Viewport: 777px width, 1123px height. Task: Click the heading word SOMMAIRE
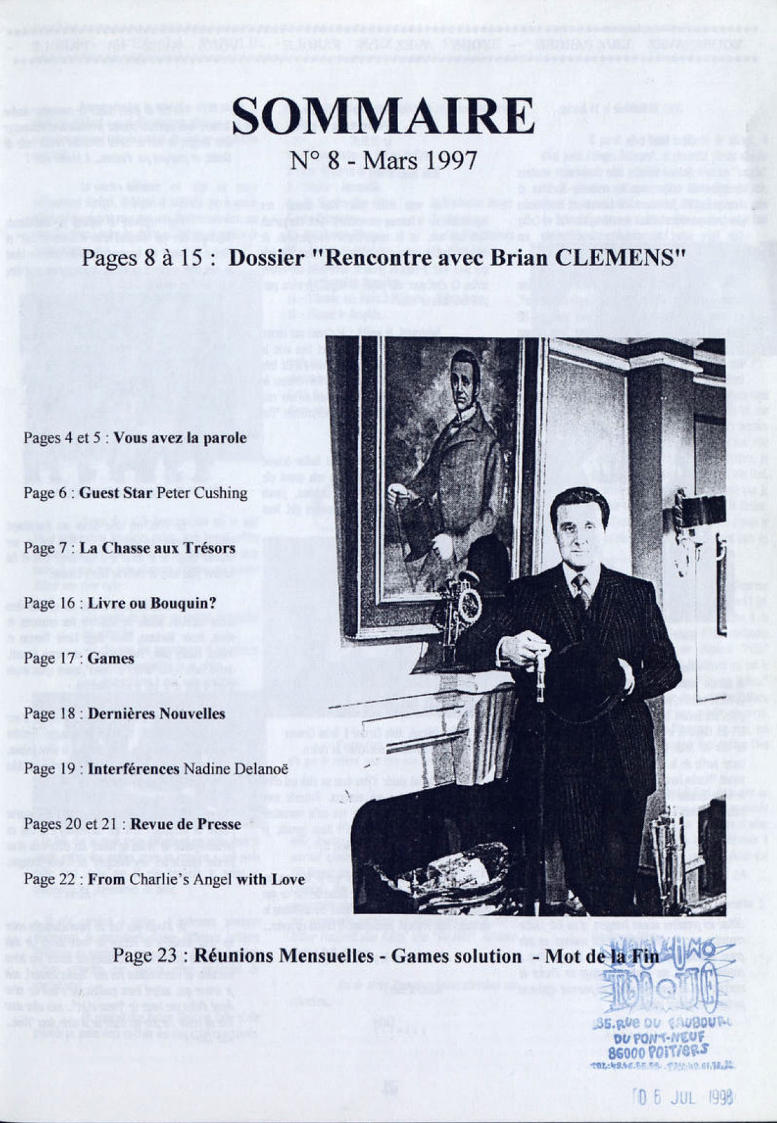point(383,116)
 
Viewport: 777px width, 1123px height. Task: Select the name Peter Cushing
point(201,492)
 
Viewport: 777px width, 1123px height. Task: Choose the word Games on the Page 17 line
point(110,658)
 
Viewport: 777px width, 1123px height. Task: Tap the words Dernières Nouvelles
point(156,713)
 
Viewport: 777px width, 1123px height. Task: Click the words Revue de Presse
point(186,823)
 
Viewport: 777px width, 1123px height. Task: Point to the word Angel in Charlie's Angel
point(213,878)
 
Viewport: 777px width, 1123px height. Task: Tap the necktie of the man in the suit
point(583,590)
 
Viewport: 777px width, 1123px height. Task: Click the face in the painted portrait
point(465,376)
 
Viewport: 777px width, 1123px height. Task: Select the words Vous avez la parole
point(180,437)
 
